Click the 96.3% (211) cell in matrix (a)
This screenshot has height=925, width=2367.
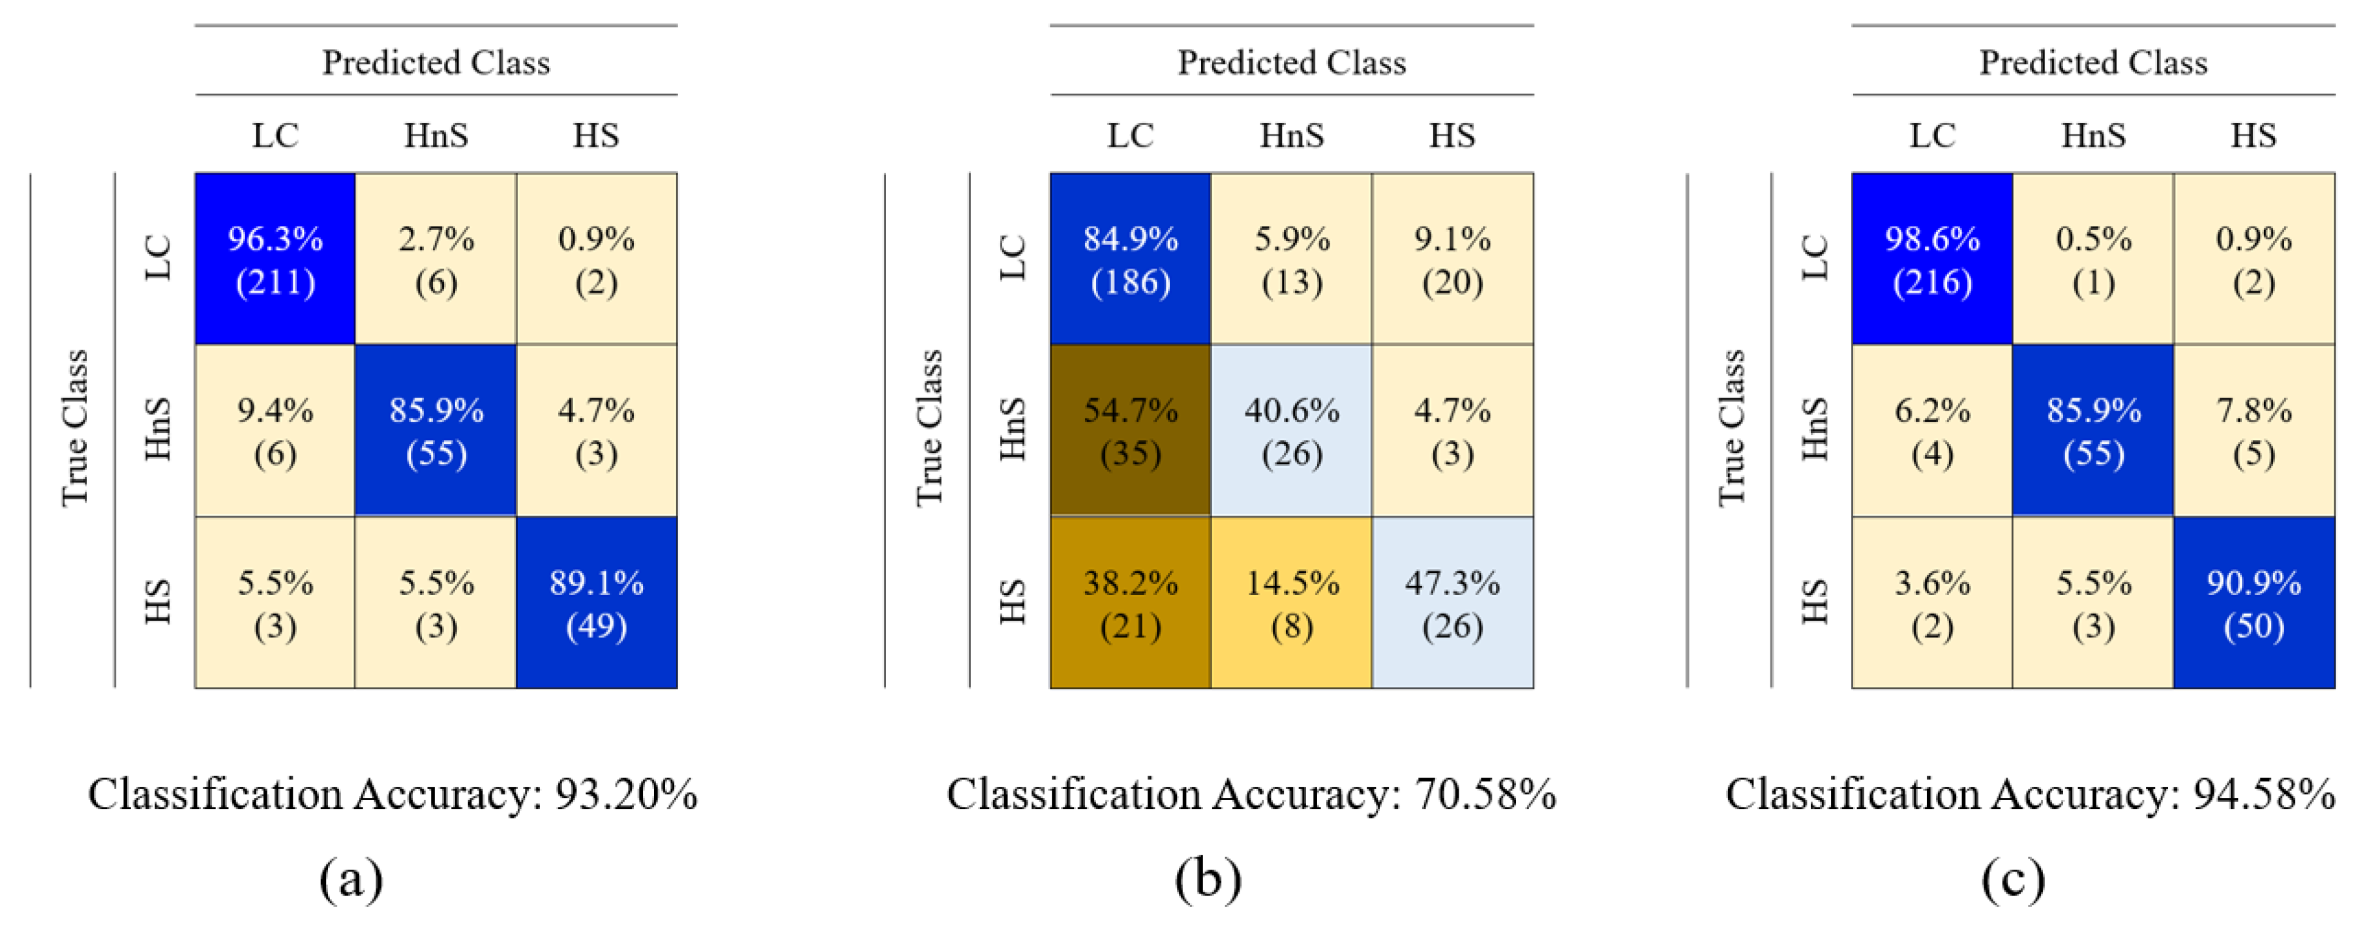[275, 259]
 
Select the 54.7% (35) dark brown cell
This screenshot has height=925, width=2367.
[1130, 431]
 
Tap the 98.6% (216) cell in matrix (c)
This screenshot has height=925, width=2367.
[1931, 259]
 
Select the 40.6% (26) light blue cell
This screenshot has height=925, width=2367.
[1291, 431]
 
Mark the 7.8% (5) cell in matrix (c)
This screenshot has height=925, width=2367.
[2254, 431]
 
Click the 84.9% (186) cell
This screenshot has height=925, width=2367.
[1130, 259]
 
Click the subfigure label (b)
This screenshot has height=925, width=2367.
[1208, 879]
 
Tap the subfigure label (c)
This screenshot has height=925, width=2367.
[2012, 879]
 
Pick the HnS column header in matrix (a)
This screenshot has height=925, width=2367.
[436, 136]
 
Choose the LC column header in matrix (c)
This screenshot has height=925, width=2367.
[1931, 136]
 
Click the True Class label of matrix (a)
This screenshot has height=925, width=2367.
[74, 428]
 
